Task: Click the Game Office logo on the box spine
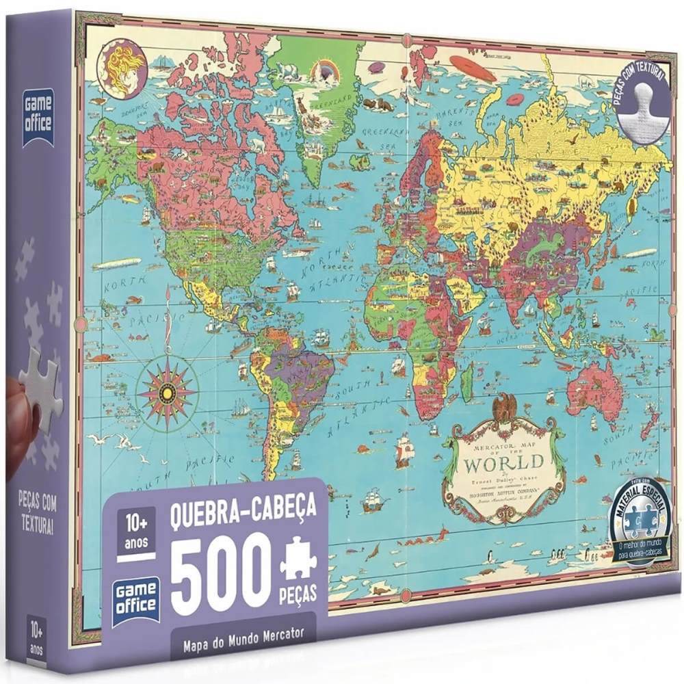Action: pyautogui.click(x=38, y=116)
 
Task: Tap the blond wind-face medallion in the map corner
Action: pyautogui.click(x=121, y=66)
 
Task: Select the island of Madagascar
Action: pyautogui.click(x=467, y=382)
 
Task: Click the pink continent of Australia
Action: pyautogui.click(x=593, y=388)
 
